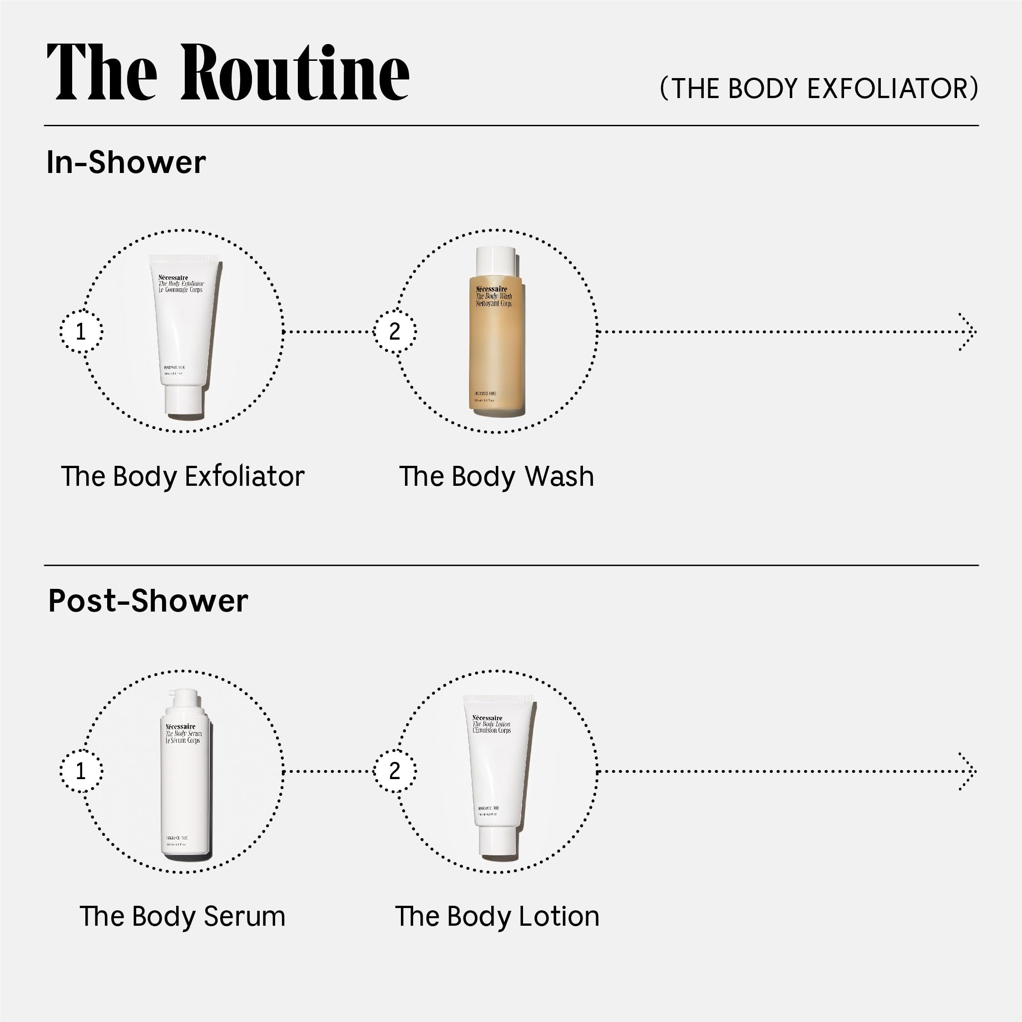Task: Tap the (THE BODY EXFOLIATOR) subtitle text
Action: tap(819, 89)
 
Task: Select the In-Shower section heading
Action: tap(126, 162)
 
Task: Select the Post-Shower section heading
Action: tap(148, 601)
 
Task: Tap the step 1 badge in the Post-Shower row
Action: tap(81, 771)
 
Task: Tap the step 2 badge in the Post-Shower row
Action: tap(395, 771)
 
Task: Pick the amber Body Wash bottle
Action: tap(496, 344)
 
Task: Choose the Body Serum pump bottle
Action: tap(185, 778)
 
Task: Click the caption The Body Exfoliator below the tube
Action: tap(183, 476)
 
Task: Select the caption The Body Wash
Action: tap(496, 476)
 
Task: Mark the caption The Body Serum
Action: tap(183, 916)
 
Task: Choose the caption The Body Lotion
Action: tap(497, 916)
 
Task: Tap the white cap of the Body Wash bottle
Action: tap(496, 260)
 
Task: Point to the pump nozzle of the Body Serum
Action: tap(173, 692)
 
